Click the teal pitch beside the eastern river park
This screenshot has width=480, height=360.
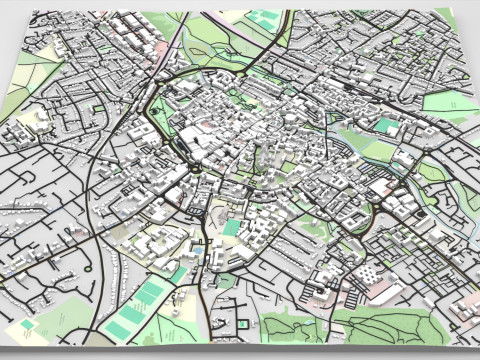pyautogui.click(x=387, y=127)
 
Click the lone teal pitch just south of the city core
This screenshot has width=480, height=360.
pyautogui.click(x=232, y=228)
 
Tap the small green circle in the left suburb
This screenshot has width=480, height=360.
pyautogui.click(x=96, y=107)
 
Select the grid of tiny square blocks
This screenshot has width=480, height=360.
pyautogui.click(x=368, y=272)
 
